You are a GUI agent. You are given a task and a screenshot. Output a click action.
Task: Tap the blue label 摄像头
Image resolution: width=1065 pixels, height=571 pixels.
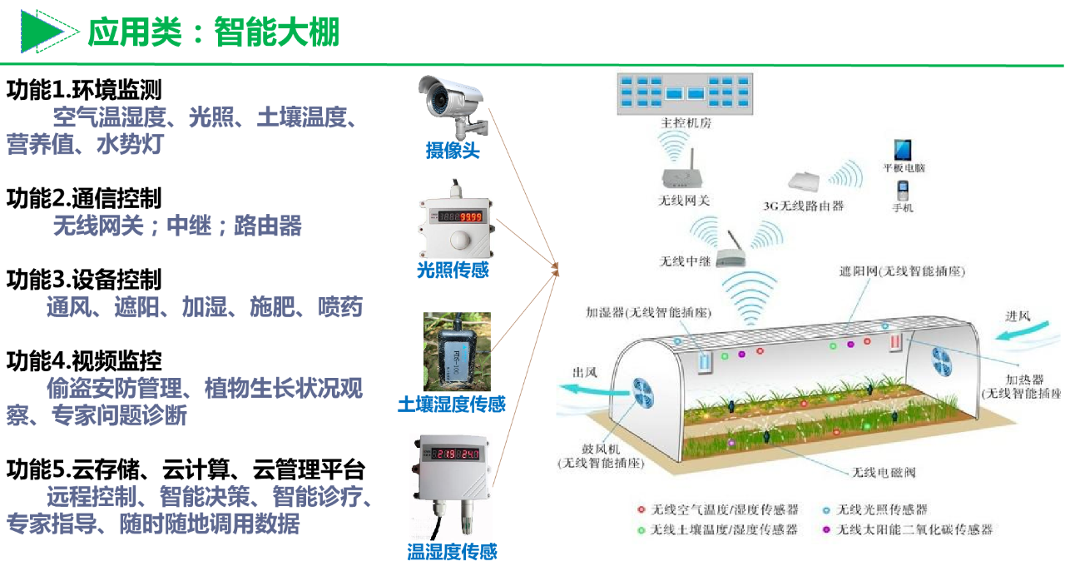click(453, 151)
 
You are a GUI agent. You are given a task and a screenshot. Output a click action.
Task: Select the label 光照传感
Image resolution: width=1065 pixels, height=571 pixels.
click(453, 270)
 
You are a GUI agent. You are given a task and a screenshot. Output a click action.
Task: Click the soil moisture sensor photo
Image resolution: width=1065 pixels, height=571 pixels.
click(457, 351)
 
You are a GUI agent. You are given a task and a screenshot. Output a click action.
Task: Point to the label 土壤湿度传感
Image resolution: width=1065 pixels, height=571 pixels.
click(452, 405)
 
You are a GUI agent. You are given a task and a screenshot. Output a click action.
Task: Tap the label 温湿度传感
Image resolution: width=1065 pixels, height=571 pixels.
click(452, 551)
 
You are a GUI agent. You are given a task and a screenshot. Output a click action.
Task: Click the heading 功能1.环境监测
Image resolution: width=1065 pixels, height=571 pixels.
click(84, 90)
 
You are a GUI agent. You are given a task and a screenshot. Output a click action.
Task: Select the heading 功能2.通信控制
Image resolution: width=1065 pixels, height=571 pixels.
click(84, 198)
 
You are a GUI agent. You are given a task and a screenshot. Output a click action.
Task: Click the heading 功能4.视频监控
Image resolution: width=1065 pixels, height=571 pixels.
click(84, 360)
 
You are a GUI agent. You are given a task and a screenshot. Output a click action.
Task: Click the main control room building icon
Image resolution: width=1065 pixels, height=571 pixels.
click(684, 92)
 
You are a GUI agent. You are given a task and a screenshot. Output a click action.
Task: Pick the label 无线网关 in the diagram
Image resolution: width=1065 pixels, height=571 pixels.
click(684, 201)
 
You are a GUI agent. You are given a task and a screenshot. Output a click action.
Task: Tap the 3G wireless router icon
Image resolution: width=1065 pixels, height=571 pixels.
click(804, 182)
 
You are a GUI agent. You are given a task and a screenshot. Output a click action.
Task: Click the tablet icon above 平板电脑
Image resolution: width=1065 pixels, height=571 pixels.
click(903, 151)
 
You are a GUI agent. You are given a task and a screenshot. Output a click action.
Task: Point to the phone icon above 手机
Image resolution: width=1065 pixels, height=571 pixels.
click(902, 190)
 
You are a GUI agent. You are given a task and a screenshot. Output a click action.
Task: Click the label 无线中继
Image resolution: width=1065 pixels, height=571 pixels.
click(685, 261)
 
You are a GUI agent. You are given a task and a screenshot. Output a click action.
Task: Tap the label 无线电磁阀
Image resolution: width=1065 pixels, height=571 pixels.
click(883, 472)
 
